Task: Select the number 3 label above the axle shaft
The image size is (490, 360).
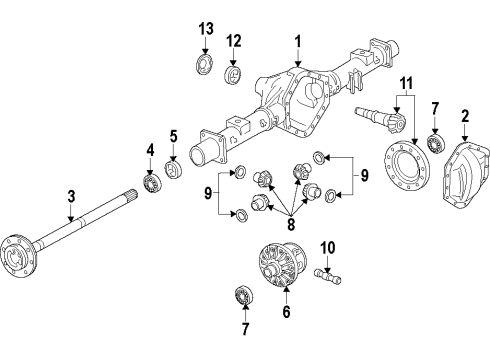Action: (70, 195)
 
